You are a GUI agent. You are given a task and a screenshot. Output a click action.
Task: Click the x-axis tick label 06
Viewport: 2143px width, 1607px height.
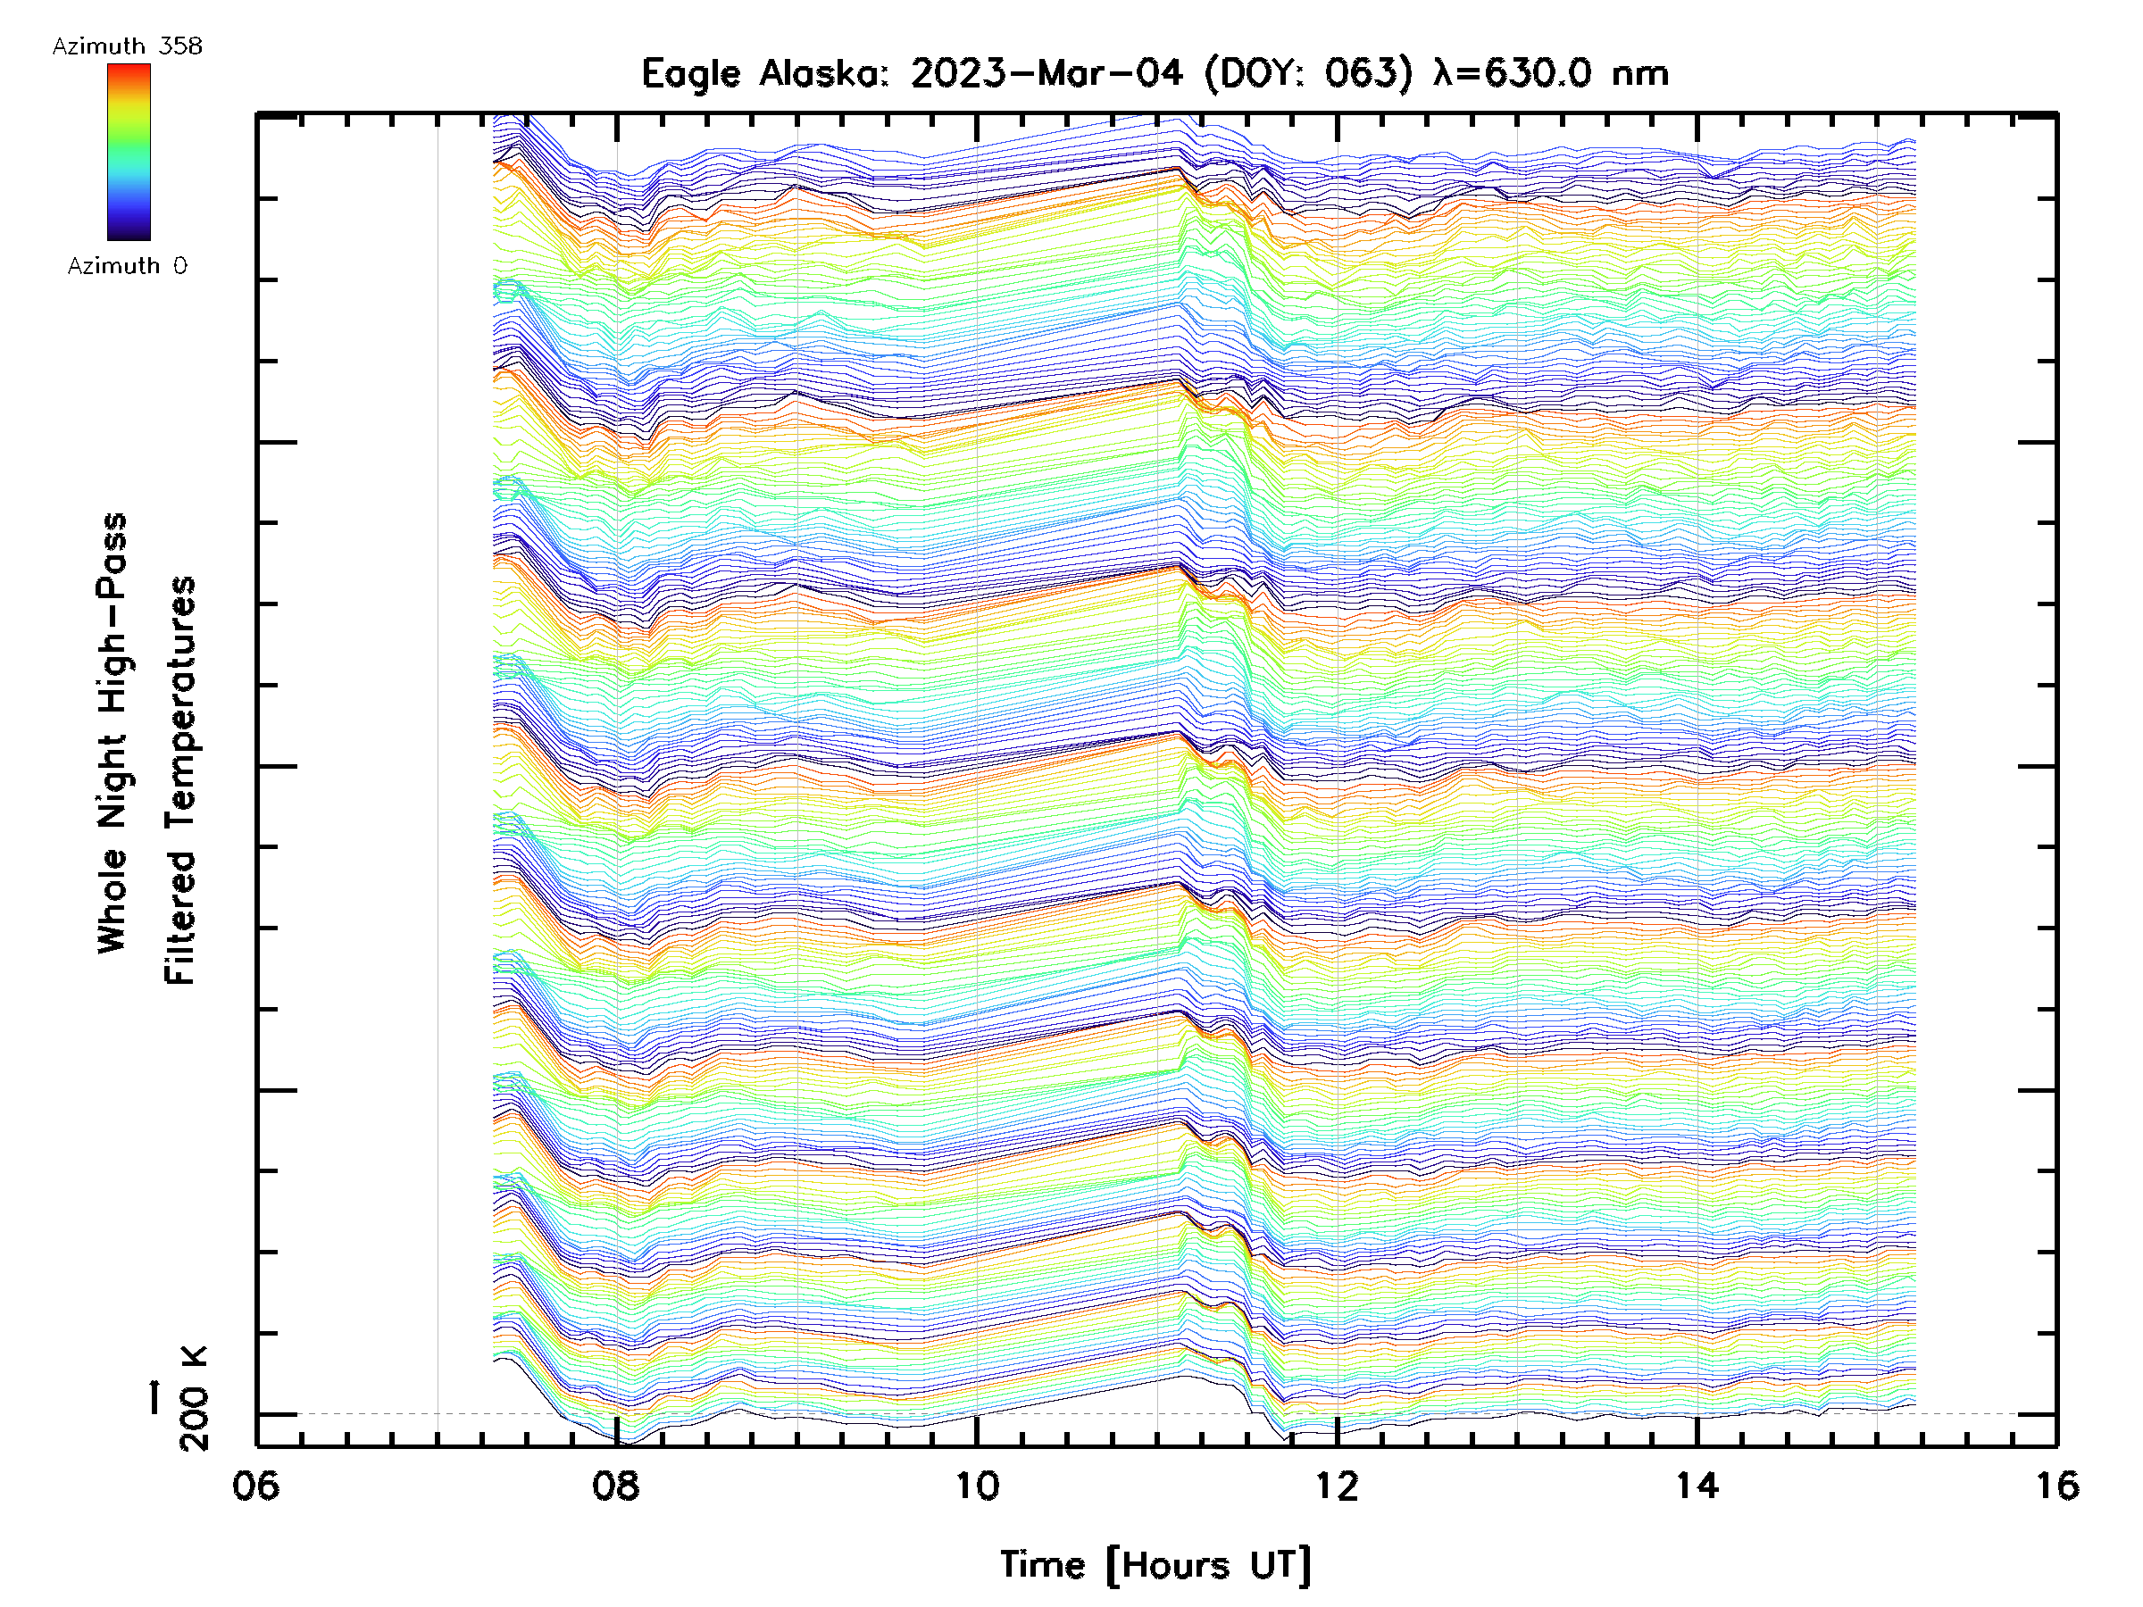(x=255, y=1486)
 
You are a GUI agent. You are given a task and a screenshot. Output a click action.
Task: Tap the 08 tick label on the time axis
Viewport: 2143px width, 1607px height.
(x=616, y=1486)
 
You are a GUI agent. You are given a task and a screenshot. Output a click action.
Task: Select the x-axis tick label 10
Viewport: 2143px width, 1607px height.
(x=977, y=1486)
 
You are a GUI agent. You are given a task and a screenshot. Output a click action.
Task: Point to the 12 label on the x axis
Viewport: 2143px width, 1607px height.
(x=1337, y=1486)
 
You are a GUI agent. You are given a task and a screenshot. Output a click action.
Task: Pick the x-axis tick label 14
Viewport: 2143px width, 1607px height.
(x=1697, y=1486)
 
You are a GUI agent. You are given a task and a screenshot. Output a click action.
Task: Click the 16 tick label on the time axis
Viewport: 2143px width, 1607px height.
(x=2056, y=1486)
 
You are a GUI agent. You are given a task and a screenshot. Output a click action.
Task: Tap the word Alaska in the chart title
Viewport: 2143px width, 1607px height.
(x=821, y=73)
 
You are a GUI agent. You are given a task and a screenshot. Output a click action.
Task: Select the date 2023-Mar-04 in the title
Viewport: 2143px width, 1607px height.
(x=1046, y=73)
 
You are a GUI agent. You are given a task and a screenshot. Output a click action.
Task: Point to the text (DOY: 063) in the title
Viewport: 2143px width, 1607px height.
(x=1308, y=73)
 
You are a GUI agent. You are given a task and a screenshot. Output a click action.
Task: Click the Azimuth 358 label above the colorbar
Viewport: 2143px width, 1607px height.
(x=127, y=46)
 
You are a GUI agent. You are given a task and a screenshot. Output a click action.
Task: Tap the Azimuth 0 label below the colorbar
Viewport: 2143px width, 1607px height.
(x=127, y=265)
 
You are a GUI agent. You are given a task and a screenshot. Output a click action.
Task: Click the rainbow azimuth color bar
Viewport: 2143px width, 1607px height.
(x=129, y=152)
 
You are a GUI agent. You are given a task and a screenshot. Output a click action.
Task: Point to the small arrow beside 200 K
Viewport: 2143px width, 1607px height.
(x=154, y=1398)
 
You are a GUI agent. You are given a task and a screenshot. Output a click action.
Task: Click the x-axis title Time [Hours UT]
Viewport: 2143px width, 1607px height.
(x=1155, y=1566)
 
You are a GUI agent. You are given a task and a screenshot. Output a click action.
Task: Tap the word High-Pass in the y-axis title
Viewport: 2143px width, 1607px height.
(x=113, y=615)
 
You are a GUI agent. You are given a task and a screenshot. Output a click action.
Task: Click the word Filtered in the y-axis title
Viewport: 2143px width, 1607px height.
(x=180, y=919)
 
